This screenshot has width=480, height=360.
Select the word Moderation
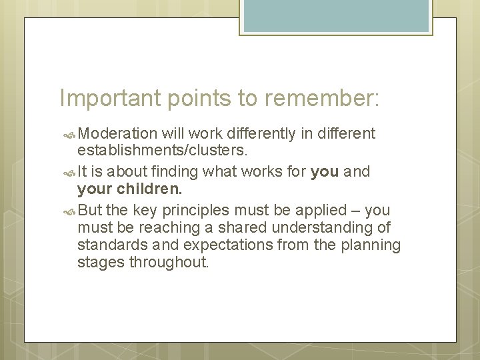coord(116,134)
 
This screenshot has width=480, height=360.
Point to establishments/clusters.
coord(163,152)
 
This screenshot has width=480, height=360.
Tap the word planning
coord(371,246)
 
